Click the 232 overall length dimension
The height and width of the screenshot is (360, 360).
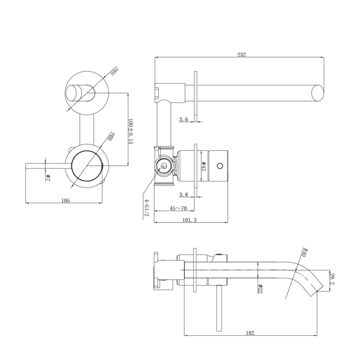(241, 54)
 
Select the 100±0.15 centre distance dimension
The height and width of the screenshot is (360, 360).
(131, 132)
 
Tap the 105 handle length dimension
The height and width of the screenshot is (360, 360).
(65, 200)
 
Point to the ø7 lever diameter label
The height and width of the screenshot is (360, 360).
(48, 177)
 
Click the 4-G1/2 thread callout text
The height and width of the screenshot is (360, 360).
(146, 208)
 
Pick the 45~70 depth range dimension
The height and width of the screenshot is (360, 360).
(178, 208)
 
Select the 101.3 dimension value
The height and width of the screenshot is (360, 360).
(189, 220)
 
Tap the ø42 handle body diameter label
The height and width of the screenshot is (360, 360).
(204, 166)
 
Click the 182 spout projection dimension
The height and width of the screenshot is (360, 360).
(250, 333)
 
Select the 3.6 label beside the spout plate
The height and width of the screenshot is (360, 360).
(183, 119)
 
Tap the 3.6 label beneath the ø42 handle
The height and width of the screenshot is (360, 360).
(183, 194)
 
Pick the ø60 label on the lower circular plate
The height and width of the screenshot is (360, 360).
(111, 136)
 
